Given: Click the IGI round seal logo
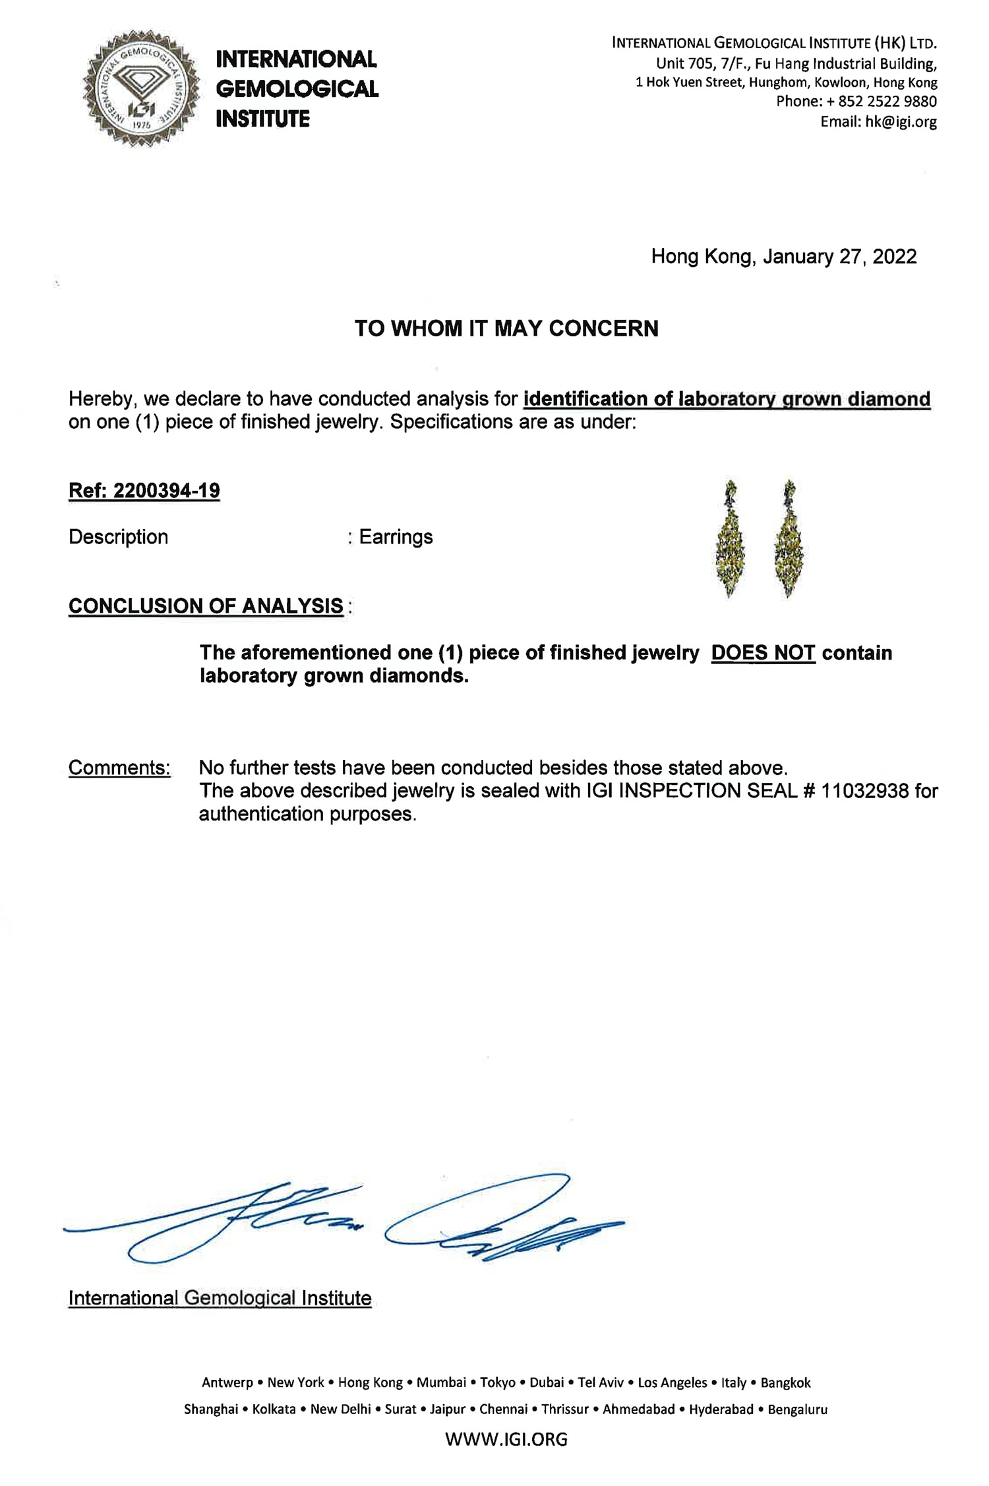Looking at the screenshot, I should tap(141, 88).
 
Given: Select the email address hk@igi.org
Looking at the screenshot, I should tap(901, 122).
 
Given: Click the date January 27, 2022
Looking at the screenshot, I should tap(839, 257).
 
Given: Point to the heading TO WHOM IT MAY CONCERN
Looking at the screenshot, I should tap(506, 328).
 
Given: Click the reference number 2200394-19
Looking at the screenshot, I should tap(166, 491).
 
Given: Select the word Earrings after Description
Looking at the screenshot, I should tap(396, 537).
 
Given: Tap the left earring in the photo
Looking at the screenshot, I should tap(730, 540).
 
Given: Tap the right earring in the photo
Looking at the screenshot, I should tap(789, 540).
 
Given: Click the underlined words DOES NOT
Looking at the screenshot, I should tap(763, 653).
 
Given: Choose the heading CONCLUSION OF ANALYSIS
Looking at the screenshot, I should tap(206, 606).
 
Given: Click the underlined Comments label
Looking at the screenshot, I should tap(119, 768).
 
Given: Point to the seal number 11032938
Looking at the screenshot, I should tap(864, 791).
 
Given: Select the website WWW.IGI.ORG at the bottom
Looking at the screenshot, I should tap(506, 1439).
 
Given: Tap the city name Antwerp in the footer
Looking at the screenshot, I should tap(227, 1382).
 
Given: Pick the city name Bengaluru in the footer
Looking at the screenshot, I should tap(797, 1409).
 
